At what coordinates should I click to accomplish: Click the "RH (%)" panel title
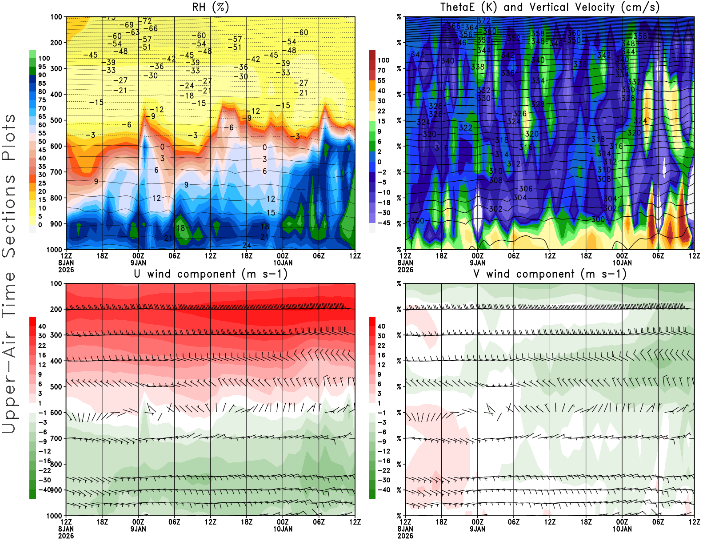tap(210, 8)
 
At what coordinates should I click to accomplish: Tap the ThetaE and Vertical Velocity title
tap(550, 8)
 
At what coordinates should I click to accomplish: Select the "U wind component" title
tap(210, 274)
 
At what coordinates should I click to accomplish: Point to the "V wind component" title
tap(550, 274)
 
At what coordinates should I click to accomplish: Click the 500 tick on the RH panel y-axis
tap(56, 120)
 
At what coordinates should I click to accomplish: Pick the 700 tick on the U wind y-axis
tap(56, 438)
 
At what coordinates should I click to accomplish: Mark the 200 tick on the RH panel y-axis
tap(56, 43)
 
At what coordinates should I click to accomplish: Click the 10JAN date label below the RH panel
tap(283, 263)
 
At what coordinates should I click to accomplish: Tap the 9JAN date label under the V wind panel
tap(477, 529)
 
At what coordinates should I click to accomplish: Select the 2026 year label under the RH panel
tap(66, 270)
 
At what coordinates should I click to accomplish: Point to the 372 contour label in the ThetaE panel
tap(484, 21)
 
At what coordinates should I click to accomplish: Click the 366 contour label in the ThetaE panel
tap(453, 26)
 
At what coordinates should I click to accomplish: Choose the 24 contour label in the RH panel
tap(247, 245)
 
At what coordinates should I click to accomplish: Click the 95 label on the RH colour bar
tap(42, 67)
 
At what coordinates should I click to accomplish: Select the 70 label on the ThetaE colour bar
tap(381, 70)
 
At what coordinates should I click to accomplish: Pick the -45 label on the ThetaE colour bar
tap(384, 223)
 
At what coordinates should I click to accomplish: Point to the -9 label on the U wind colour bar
tap(43, 442)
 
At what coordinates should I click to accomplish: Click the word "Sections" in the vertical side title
tap(9, 215)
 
